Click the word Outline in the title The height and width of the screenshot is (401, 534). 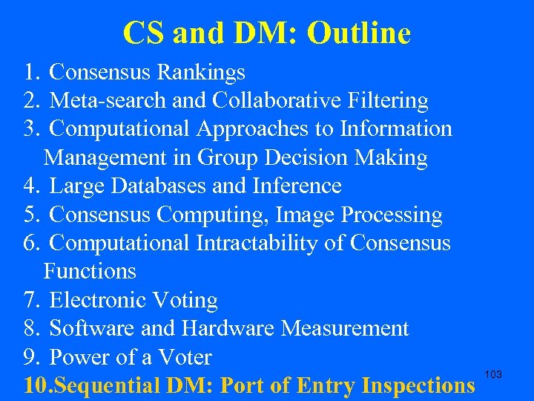358,33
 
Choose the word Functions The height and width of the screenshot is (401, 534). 90,272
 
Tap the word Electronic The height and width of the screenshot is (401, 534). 97,301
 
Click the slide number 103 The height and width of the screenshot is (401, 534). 492,374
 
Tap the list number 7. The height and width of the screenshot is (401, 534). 30,301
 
